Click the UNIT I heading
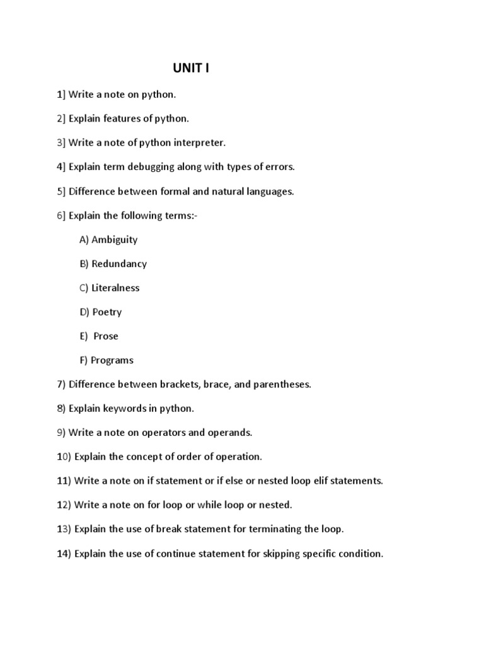tap(191, 68)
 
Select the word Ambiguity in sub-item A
tap(115, 239)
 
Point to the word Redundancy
tap(119, 264)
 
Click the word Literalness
tap(115, 288)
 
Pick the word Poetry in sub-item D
tap(107, 312)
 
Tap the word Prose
tap(106, 336)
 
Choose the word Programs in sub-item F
tap(112, 360)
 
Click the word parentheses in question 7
tap(282, 384)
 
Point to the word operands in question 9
tap(230, 433)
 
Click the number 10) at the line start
tap(64, 457)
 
